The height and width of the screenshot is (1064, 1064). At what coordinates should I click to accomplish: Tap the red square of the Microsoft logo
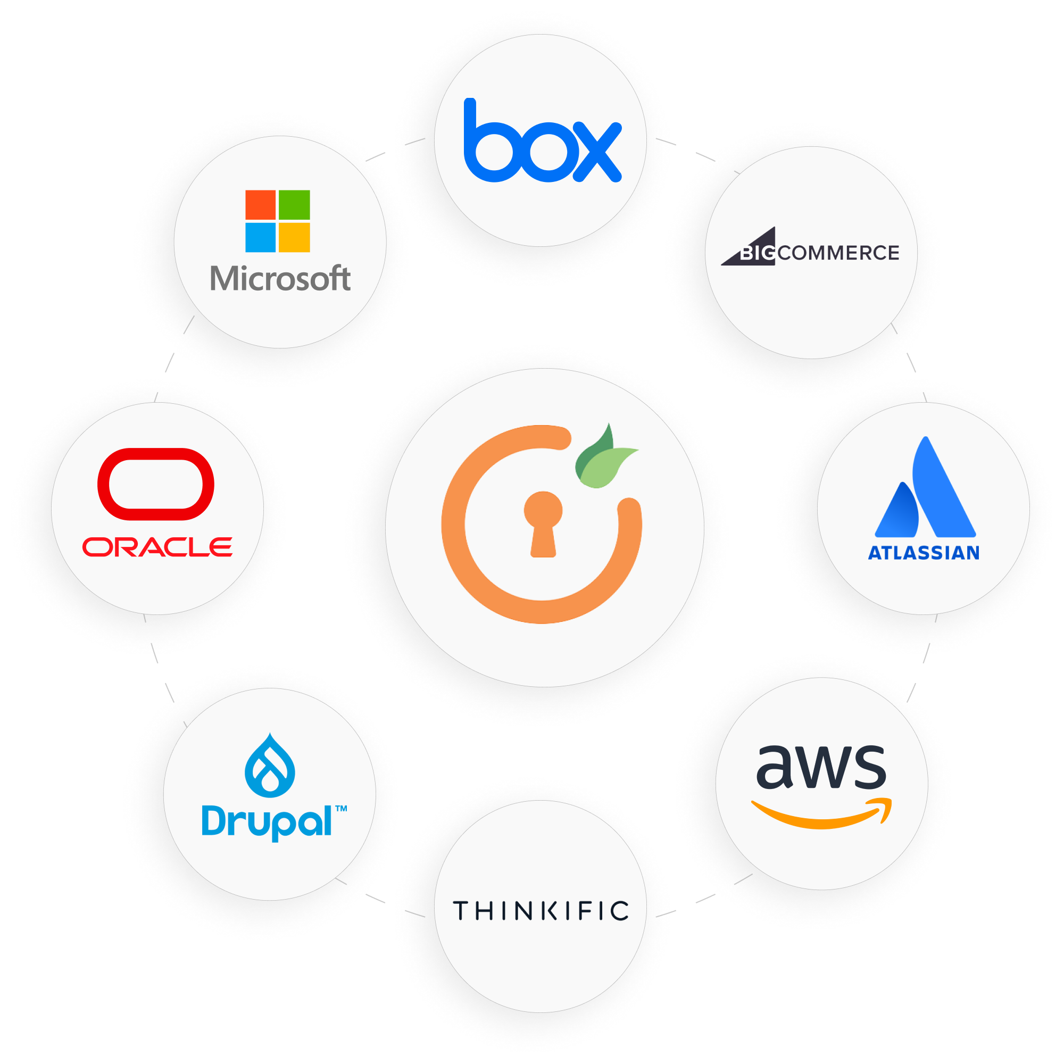click(260, 205)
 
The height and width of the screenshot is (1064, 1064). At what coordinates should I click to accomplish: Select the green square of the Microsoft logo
click(294, 205)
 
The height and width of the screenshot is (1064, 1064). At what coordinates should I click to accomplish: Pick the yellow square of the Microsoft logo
click(294, 237)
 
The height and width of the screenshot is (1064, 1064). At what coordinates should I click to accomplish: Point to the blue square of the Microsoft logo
click(260, 237)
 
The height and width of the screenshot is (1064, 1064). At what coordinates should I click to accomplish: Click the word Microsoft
click(280, 279)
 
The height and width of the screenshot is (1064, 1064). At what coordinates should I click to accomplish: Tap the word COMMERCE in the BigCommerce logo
click(838, 253)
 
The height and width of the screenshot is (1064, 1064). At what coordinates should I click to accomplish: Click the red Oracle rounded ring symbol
click(156, 484)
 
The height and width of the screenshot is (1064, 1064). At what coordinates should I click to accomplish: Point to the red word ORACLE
click(157, 547)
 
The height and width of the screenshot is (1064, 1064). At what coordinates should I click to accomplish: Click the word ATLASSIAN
click(924, 553)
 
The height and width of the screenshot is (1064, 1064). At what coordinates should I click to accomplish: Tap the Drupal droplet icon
click(270, 766)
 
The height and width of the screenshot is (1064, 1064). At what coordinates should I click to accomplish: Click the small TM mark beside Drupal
click(341, 809)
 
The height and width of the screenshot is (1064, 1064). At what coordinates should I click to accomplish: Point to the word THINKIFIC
click(541, 911)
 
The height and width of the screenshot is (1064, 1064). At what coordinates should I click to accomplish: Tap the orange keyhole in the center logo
click(543, 523)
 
